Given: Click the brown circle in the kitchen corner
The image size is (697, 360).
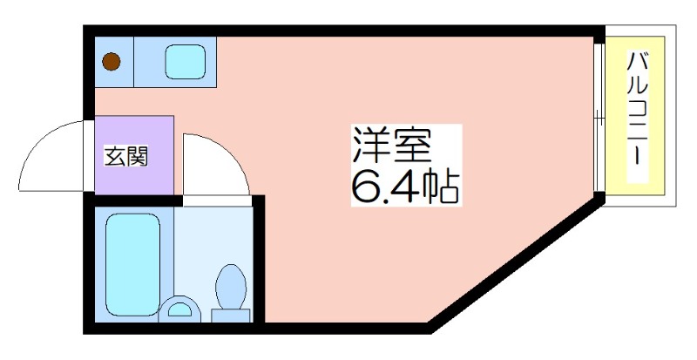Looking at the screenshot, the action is coord(112,61).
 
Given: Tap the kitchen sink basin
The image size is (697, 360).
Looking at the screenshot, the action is coord(185,62).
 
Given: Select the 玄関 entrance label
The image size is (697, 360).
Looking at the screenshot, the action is coord(125,156).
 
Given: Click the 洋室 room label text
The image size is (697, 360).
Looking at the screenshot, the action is coord(391,146).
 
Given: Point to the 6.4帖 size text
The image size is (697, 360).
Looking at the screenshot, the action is coord(405,186).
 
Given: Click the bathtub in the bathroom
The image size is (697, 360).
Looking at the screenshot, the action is coord(133,265).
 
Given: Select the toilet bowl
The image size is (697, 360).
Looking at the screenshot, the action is coord(231,286).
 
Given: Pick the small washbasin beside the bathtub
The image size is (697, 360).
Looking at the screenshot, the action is coord(179,309).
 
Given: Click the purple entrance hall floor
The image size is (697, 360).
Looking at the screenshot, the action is coord(134,155).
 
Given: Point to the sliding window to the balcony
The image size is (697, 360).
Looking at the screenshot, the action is coord(599,117).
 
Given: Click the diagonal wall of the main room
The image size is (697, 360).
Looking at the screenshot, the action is coord(517,263).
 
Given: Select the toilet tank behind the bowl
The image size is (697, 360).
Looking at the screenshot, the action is coord(230,316).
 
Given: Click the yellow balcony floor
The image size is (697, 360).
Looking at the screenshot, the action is coord(635,116).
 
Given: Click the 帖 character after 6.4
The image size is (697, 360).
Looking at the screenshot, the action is coord(441,187).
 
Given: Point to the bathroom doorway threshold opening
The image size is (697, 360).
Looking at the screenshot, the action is coord(218,200).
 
